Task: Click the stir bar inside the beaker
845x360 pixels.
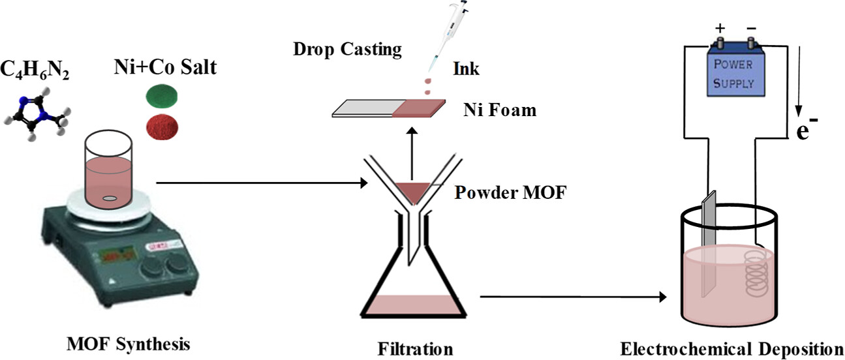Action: click(x=110, y=198)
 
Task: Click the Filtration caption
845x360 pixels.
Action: click(x=415, y=349)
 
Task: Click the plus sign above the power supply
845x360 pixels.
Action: click(x=720, y=29)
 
